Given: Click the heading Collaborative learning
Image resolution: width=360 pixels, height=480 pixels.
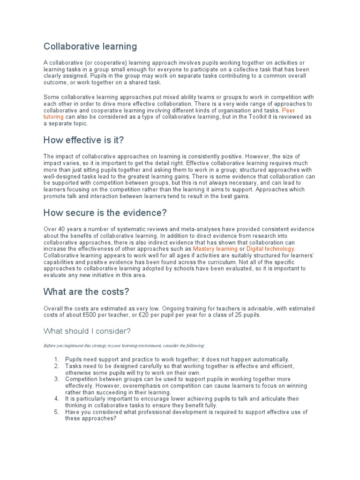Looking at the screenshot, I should (90, 46).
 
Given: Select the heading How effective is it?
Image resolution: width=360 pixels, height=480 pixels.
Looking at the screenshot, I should (83, 140).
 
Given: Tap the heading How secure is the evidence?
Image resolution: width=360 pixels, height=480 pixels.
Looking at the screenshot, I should (105, 212).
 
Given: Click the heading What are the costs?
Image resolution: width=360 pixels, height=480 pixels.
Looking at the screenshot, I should (86, 292).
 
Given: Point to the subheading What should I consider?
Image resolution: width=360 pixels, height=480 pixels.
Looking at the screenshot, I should (87, 331).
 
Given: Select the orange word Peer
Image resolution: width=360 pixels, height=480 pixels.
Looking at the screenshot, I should (288, 111).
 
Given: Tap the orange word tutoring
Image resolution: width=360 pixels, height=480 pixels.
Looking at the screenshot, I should (53, 117).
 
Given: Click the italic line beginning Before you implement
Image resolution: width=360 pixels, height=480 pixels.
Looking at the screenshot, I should (124, 345).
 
